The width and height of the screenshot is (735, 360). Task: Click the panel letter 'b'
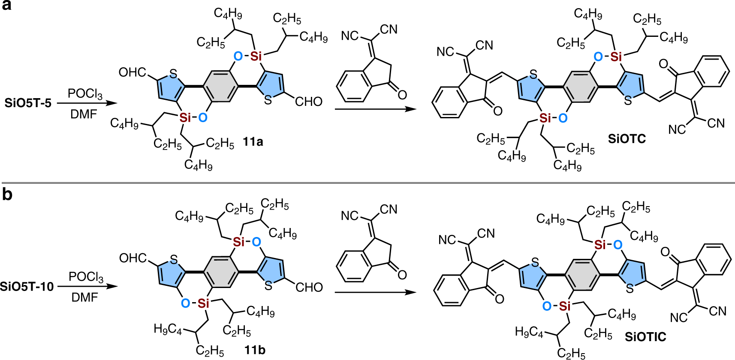[7, 195]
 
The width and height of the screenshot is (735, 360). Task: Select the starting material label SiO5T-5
[28, 103]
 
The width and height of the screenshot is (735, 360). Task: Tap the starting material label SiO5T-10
[27, 286]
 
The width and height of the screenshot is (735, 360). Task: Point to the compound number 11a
[253, 141]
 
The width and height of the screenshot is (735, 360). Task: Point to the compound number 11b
[255, 350]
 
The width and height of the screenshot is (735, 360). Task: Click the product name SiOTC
[627, 138]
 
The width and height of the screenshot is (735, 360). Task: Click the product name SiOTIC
[645, 337]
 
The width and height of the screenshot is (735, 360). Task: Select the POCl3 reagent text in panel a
[85, 93]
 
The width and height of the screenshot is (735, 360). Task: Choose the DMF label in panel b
[84, 297]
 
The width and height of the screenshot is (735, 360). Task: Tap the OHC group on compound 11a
[132, 72]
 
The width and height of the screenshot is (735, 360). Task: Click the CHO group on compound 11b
[309, 287]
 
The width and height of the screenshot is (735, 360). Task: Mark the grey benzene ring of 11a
[220, 86]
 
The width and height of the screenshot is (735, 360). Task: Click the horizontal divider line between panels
[367, 183]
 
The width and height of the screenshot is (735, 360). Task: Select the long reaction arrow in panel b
[375, 292]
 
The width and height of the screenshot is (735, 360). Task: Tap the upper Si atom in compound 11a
[256, 56]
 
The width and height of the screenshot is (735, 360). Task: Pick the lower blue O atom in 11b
[185, 303]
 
